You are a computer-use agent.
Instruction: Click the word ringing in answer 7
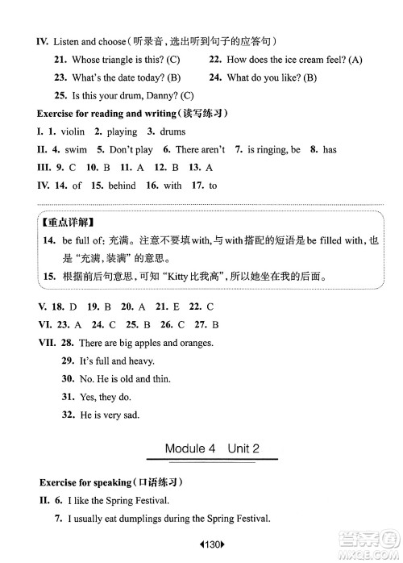(270, 150)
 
